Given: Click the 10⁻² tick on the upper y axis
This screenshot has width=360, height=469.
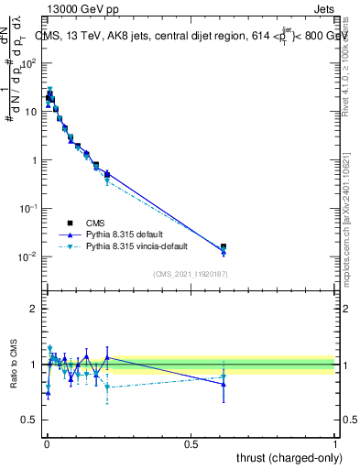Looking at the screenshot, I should (x=30, y=256).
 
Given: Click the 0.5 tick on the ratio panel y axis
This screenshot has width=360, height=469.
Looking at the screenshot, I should (x=30, y=420).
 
